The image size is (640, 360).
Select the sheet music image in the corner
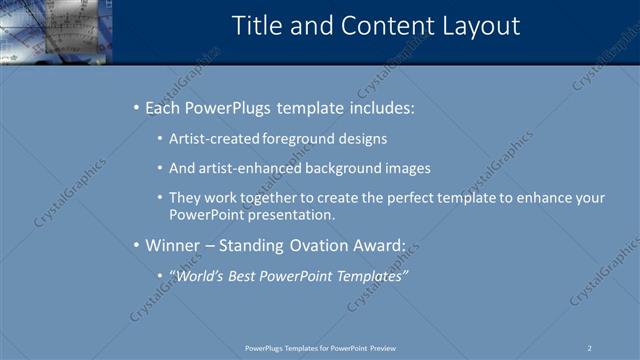pos(55,30)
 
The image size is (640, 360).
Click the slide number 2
pos(590,348)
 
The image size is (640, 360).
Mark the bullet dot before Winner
pos(137,244)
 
